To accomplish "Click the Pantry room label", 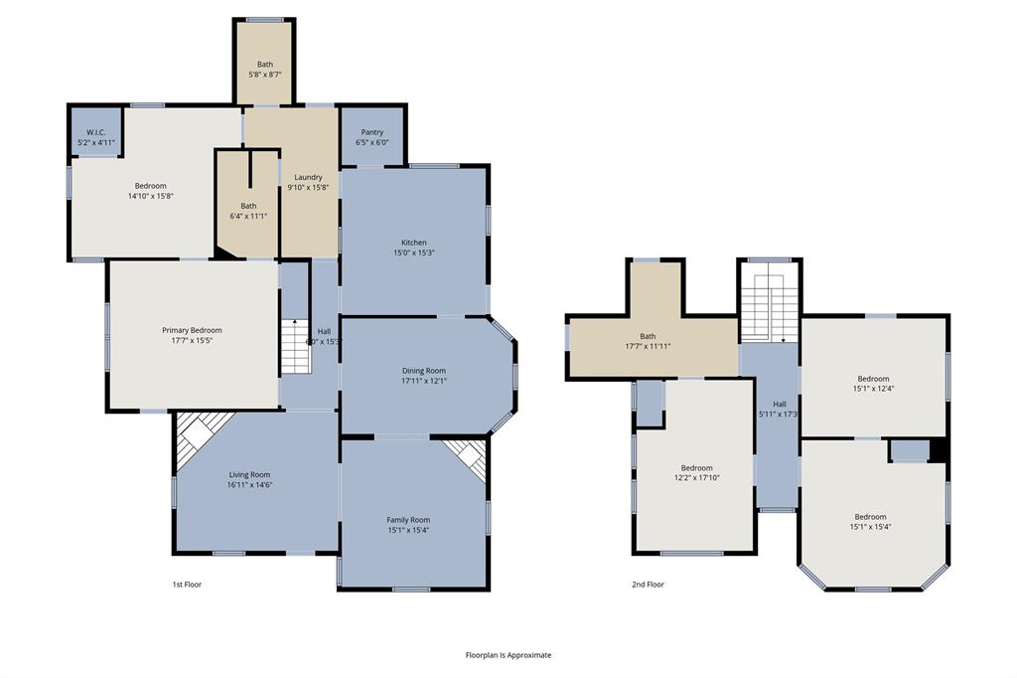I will (x=371, y=132).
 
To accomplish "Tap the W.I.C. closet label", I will (x=95, y=132).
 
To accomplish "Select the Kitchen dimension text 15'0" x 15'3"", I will (x=414, y=253).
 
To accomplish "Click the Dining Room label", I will (x=423, y=371).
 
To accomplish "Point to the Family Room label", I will (x=408, y=520).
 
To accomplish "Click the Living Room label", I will (x=249, y=475).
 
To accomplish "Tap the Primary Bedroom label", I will (x=192, y=330).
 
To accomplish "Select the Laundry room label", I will (x=308, y=177).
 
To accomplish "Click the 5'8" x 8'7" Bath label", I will (x=264, y=65).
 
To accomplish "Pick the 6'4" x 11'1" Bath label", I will (x=247, y=206).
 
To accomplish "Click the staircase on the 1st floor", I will (x=294, y=346).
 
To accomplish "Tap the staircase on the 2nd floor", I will (x=768, y=307).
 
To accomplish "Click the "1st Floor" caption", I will (x=187, y=585).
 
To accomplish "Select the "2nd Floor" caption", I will (x=648, y=585).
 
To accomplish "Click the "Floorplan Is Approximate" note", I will (x=508, y=655).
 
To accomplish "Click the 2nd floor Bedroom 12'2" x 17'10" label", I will (x=696, y=468).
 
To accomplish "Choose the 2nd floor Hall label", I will (x=780, y=404).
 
